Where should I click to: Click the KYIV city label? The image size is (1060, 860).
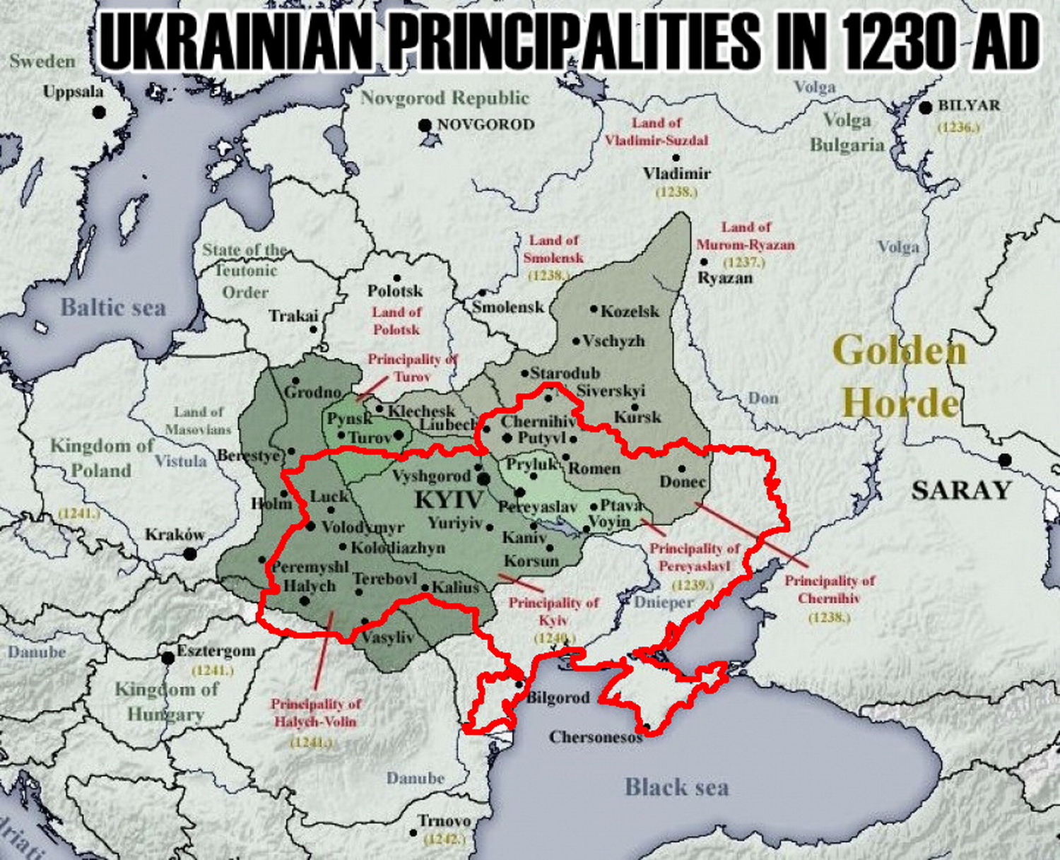pos(449,500)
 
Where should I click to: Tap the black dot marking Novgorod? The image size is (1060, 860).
pos(425,126)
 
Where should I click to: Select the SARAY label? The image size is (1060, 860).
pos(960,490)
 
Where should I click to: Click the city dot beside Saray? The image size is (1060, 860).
pos(1004,461)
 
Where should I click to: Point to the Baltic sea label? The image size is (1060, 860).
pos(113,307)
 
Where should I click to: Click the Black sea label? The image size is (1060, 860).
pos(676,787)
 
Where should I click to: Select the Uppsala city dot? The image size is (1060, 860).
pos(100,112)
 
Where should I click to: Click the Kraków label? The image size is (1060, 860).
pos(175,535)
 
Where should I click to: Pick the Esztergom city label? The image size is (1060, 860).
pos(216,650)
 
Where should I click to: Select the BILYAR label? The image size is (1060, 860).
pos(969,105)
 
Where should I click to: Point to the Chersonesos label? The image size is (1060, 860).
pos(595,737)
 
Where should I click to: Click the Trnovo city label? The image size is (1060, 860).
pos(444,821)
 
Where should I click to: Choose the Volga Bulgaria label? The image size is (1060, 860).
pos(847,132)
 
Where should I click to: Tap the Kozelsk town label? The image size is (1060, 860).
pos(630,311)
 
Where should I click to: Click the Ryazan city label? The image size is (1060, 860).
pos(725,278)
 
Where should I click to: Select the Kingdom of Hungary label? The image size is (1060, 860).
pos(167,701)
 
